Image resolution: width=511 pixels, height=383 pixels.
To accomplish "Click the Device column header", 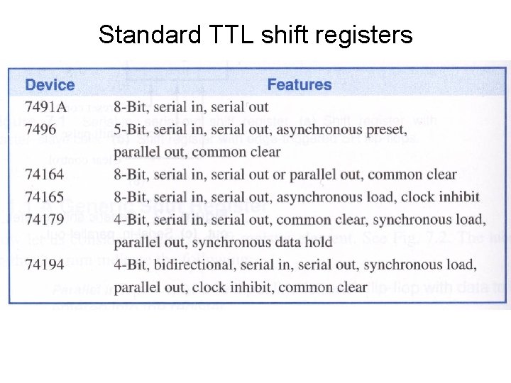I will point(50,85).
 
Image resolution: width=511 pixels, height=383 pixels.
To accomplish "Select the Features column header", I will point(299,85).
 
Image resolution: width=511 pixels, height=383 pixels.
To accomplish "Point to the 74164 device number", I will point(45,174).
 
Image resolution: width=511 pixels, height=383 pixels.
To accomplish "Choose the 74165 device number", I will point(45,197).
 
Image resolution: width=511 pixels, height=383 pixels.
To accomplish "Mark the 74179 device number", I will point(45,220).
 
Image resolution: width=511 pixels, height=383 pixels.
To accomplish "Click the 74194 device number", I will point(45,265).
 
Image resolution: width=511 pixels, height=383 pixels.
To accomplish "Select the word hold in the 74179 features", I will point(317,243).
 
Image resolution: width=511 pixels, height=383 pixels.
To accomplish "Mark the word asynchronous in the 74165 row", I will point(313,197).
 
